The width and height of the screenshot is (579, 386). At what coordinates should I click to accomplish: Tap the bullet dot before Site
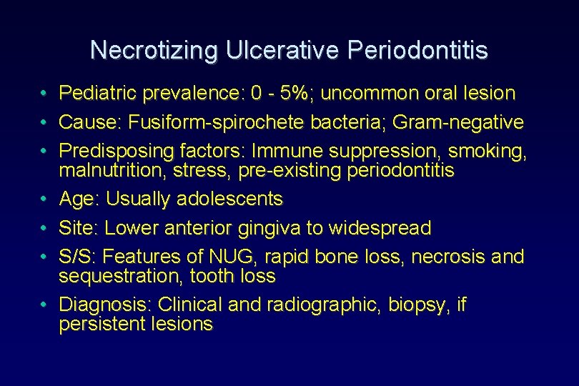point(44,229)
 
